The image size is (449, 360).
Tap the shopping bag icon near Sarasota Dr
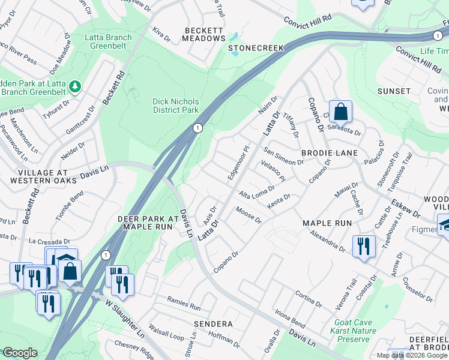(x=340, y=112)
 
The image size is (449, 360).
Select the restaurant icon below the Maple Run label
(x=364, y=247)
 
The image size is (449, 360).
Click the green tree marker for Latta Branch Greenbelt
(x=75, y=87)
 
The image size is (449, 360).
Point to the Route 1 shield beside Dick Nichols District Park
(x=197, y=128)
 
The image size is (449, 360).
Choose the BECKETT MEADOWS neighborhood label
(x=204, y=34)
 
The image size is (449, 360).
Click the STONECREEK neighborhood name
(x=255, y=47)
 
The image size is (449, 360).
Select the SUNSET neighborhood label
(x=394, y=91)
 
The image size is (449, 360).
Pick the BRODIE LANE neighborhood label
(x=329, y=153)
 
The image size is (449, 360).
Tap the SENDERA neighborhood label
(x=212, y=323)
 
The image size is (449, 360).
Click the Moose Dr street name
(x=249, y=214)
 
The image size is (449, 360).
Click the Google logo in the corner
(x=20, y=353)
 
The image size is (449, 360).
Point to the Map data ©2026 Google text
(x=412, y=355)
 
